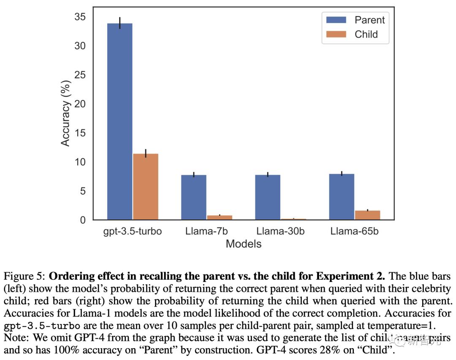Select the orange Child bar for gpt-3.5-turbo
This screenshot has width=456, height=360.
click(146, 187)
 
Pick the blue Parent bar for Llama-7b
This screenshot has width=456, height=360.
click(194, 197)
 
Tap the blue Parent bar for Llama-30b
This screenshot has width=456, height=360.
click(268, 197)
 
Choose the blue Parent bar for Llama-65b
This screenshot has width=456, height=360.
click(342, 197)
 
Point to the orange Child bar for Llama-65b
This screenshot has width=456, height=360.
click(367, 215)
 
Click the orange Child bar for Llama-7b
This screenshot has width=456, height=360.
click(220, 217)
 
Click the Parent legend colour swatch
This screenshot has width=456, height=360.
click(336, 20)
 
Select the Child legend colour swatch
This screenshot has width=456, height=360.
click(336, 34)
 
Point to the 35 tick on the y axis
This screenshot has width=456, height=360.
click(80, 17)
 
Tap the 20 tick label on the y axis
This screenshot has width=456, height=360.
click(80, 104)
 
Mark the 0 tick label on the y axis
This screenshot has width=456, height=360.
click(83, 220)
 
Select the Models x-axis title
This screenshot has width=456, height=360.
click(244, 244)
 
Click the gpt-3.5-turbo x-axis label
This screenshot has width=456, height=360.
click(133, 231)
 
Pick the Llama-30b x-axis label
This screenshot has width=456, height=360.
click(280, 231)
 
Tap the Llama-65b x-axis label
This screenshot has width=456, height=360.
click(355, 231)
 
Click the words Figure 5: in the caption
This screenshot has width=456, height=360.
click(24, 277)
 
